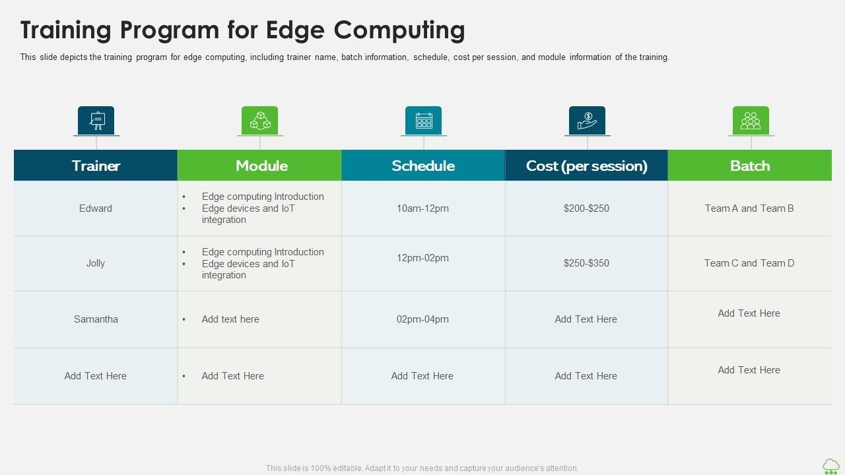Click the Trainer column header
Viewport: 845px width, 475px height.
point(96,166)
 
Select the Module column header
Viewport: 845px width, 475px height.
point(261,166)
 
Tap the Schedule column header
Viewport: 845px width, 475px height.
point(423,166)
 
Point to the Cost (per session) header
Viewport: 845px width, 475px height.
point(586,166)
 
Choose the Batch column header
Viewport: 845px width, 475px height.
point(750,166)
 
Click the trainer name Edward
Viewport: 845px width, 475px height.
point(96,208)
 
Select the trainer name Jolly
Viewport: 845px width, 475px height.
point(96,263)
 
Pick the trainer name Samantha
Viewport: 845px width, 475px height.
point(96,319)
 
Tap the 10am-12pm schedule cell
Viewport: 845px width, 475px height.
point(422,208)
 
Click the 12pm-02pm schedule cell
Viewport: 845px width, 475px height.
point(422,258)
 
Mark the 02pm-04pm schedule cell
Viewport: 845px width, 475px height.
point(422,319)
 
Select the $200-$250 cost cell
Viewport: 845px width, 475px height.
point(586,208)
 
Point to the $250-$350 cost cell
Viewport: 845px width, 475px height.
point(586,263)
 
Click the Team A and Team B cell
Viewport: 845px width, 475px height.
point(749,208)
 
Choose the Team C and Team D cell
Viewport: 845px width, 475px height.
point(749,263)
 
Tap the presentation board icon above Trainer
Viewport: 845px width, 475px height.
point(96,120)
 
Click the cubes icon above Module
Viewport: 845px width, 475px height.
point(260,120)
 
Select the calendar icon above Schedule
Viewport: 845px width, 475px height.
point(424,120)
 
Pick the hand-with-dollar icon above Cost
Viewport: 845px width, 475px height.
point(587,120)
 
